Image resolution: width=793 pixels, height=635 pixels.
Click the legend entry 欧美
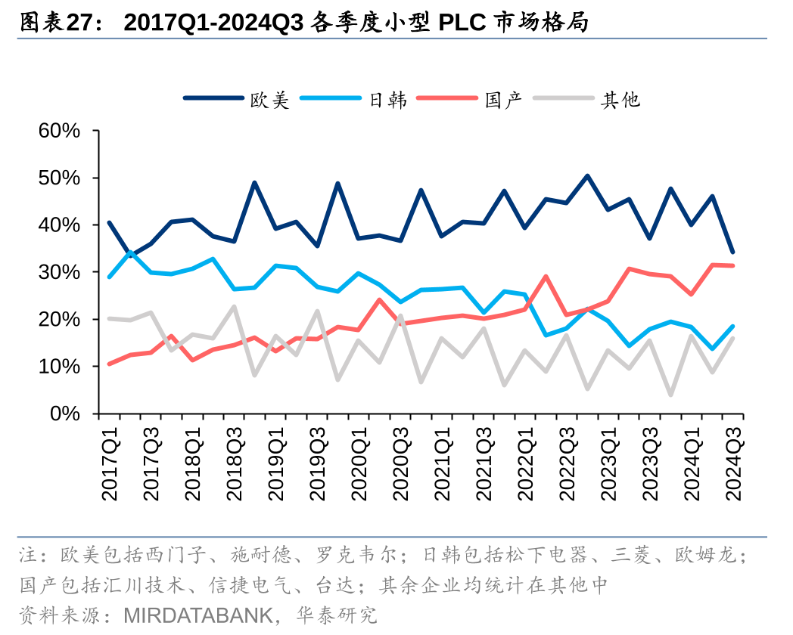269,99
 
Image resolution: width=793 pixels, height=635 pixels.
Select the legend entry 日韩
387,99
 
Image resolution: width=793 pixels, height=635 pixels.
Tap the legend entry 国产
503,99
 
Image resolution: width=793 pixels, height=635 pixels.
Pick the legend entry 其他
620,99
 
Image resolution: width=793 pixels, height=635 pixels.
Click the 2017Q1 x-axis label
110,461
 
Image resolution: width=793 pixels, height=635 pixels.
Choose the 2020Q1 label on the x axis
360,461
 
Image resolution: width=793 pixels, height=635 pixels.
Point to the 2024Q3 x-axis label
733,461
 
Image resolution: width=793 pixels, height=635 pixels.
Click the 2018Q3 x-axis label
235,461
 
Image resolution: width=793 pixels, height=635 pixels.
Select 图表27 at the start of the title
53,23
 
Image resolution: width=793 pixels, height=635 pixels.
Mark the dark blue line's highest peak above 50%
587,176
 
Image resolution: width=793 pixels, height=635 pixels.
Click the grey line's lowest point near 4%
670,395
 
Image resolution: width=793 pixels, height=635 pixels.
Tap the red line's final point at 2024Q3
732,265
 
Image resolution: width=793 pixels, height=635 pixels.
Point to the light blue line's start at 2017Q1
110,277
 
